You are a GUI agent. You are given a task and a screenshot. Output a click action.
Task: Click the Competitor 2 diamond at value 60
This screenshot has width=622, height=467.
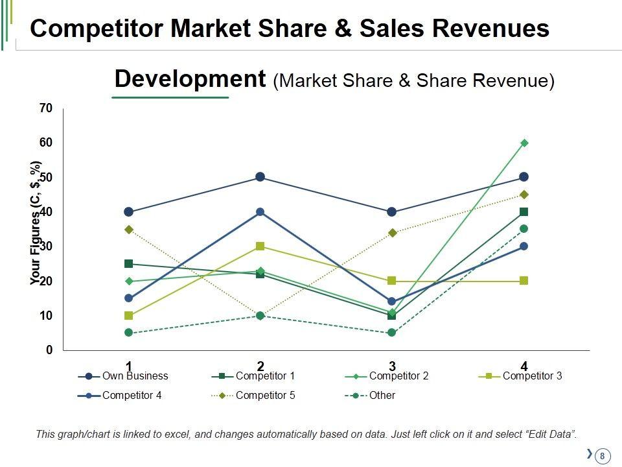tap(524, 143)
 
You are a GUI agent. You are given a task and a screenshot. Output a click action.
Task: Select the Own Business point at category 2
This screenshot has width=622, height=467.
tap(260, 177)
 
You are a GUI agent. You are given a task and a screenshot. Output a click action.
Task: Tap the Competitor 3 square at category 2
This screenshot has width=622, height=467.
tap(260, 246)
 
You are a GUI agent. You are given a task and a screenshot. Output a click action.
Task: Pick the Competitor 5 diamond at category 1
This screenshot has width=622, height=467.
tap(129, 230)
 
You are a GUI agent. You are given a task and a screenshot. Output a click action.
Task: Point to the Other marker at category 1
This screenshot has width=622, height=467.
tap(129, 333)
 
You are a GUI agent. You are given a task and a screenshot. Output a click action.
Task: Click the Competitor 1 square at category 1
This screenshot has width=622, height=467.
tap(129, 264)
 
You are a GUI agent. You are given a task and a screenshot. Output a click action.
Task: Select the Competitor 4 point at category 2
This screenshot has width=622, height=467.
tap(260, 212)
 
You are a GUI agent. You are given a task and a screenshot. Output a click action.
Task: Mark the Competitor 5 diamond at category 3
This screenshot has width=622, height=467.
tap(392, 232)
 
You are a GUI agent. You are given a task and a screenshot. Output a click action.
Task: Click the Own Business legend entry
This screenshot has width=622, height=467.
tap(135, 376)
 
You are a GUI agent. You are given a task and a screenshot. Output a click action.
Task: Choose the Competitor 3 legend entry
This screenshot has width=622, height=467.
tap(532, 376)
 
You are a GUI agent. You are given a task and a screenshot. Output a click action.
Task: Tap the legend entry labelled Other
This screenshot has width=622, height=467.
tap(382, 395)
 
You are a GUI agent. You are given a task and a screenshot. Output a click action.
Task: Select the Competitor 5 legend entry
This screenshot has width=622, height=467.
tap(265, 395)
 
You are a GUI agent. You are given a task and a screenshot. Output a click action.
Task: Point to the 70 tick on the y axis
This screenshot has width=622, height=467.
tap(45, 108)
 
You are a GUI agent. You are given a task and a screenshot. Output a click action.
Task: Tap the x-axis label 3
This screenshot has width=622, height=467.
tap(392, 366)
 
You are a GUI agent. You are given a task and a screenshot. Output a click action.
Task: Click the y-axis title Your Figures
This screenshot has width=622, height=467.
tap(36, 224)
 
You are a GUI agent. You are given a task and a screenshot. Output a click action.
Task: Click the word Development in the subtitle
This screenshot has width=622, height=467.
tap(190, 80)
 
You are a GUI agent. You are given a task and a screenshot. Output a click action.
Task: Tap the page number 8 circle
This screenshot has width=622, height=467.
tap(602, 456)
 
